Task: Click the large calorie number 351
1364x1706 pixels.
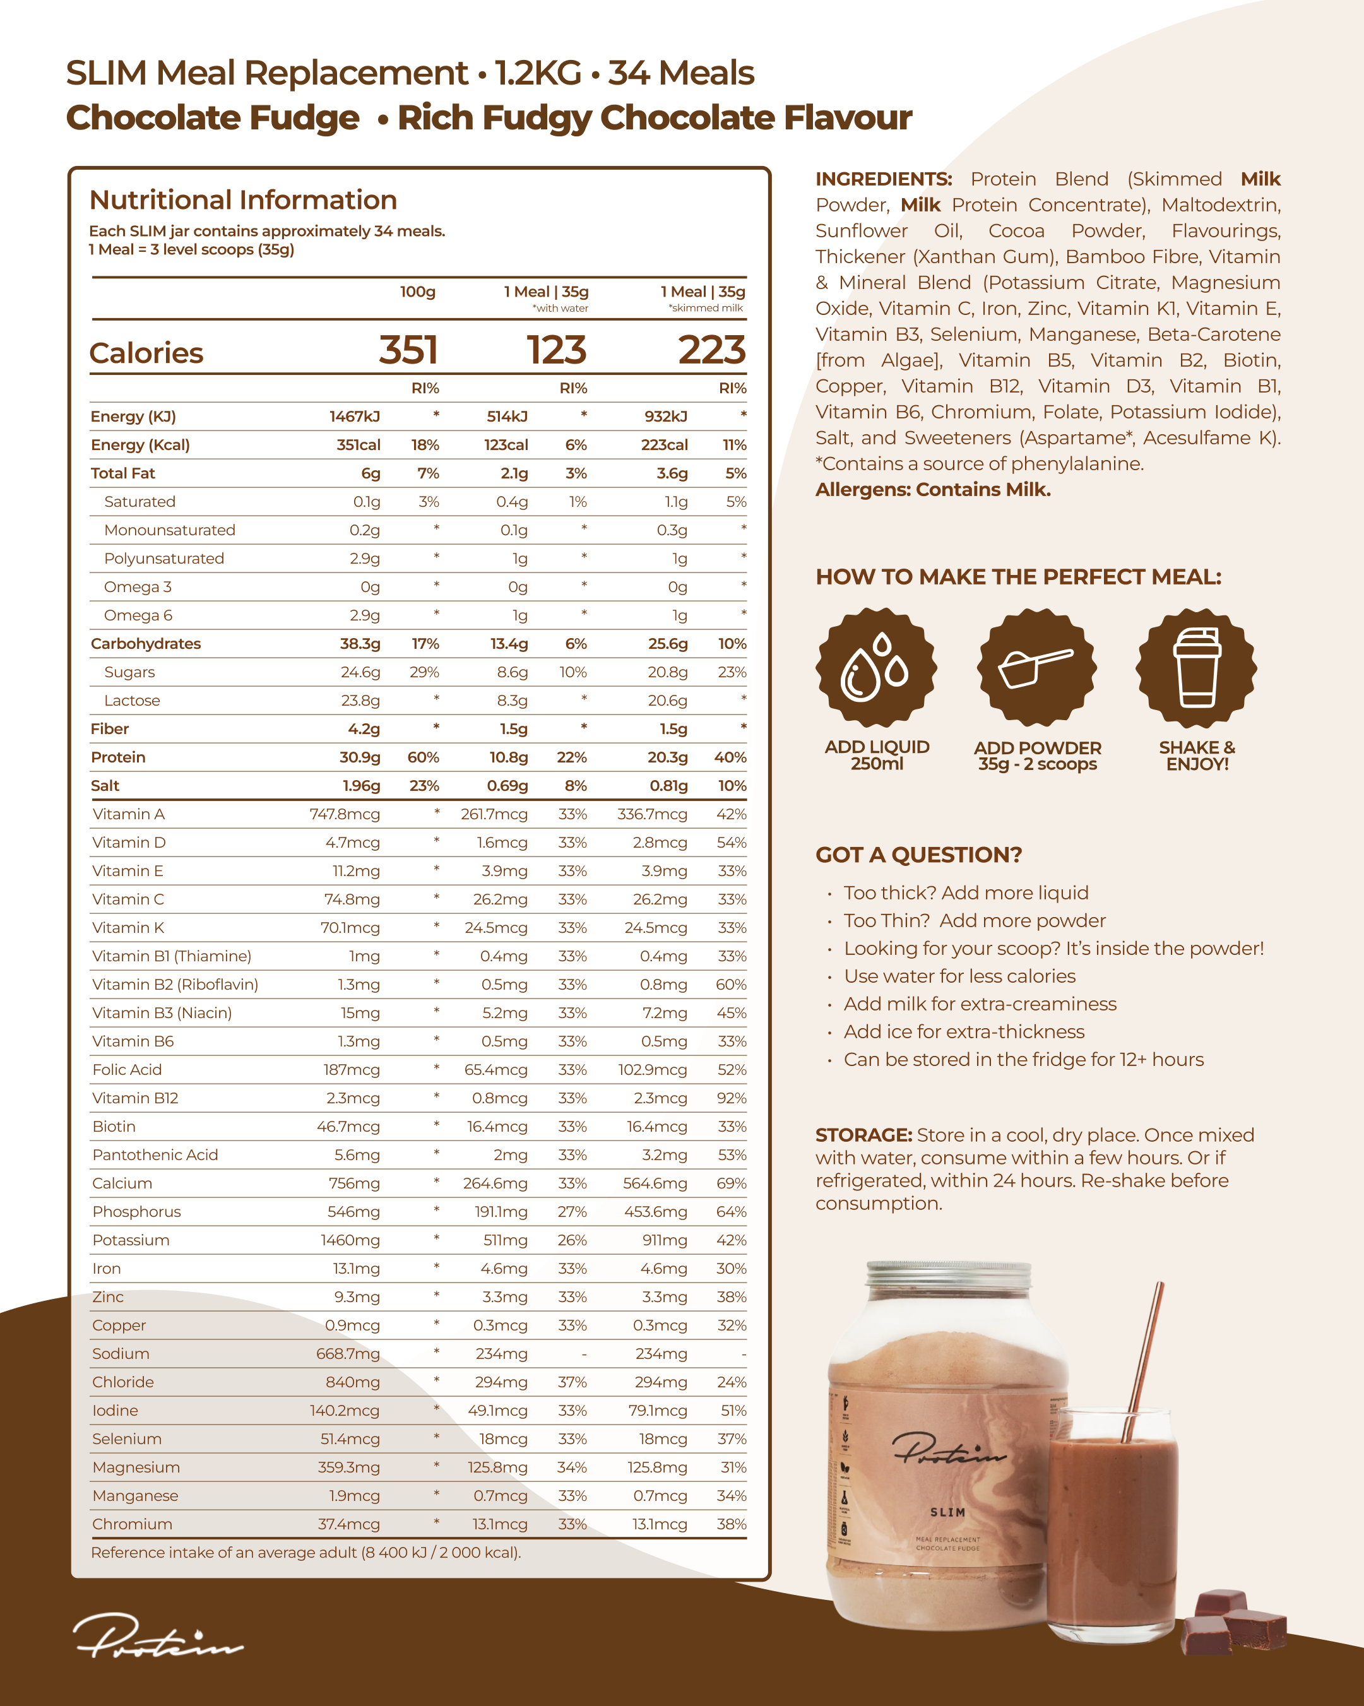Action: [408, 350]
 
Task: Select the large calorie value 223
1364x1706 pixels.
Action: [711, 350]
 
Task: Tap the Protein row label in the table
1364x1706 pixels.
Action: [118, 757]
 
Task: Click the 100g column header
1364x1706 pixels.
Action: [417, 292]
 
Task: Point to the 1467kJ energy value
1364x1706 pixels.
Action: [355, 416]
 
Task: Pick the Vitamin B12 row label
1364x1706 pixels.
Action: [135, 1098]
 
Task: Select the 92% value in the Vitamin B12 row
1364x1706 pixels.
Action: [731, 1098]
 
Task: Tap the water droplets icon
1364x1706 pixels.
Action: [877, 667]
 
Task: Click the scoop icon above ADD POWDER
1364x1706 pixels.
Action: [1036, 667]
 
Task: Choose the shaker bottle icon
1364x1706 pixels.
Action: [1196, 667]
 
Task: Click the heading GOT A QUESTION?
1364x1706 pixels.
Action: [918, 855]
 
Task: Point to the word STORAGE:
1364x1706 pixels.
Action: [863, 1135]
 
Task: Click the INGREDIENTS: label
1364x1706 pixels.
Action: [883, 180]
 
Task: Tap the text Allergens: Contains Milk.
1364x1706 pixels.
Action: [933, 490]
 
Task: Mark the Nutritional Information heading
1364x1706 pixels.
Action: [243, 200]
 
